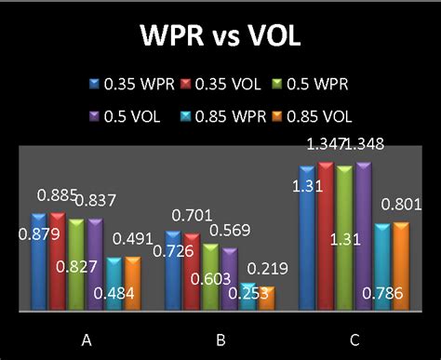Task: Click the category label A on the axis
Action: [x=87, y=340]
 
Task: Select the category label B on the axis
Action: [x=220, y=340]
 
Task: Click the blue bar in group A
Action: [x=38, y=261]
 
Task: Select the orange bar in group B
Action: [x=267, y=298]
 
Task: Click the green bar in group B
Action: [x=210, y=276]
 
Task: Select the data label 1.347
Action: [x=324, y=144]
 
